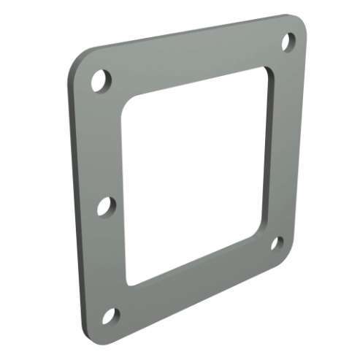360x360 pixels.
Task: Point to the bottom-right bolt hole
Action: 277,243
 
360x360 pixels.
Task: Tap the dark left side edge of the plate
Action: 73,197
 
